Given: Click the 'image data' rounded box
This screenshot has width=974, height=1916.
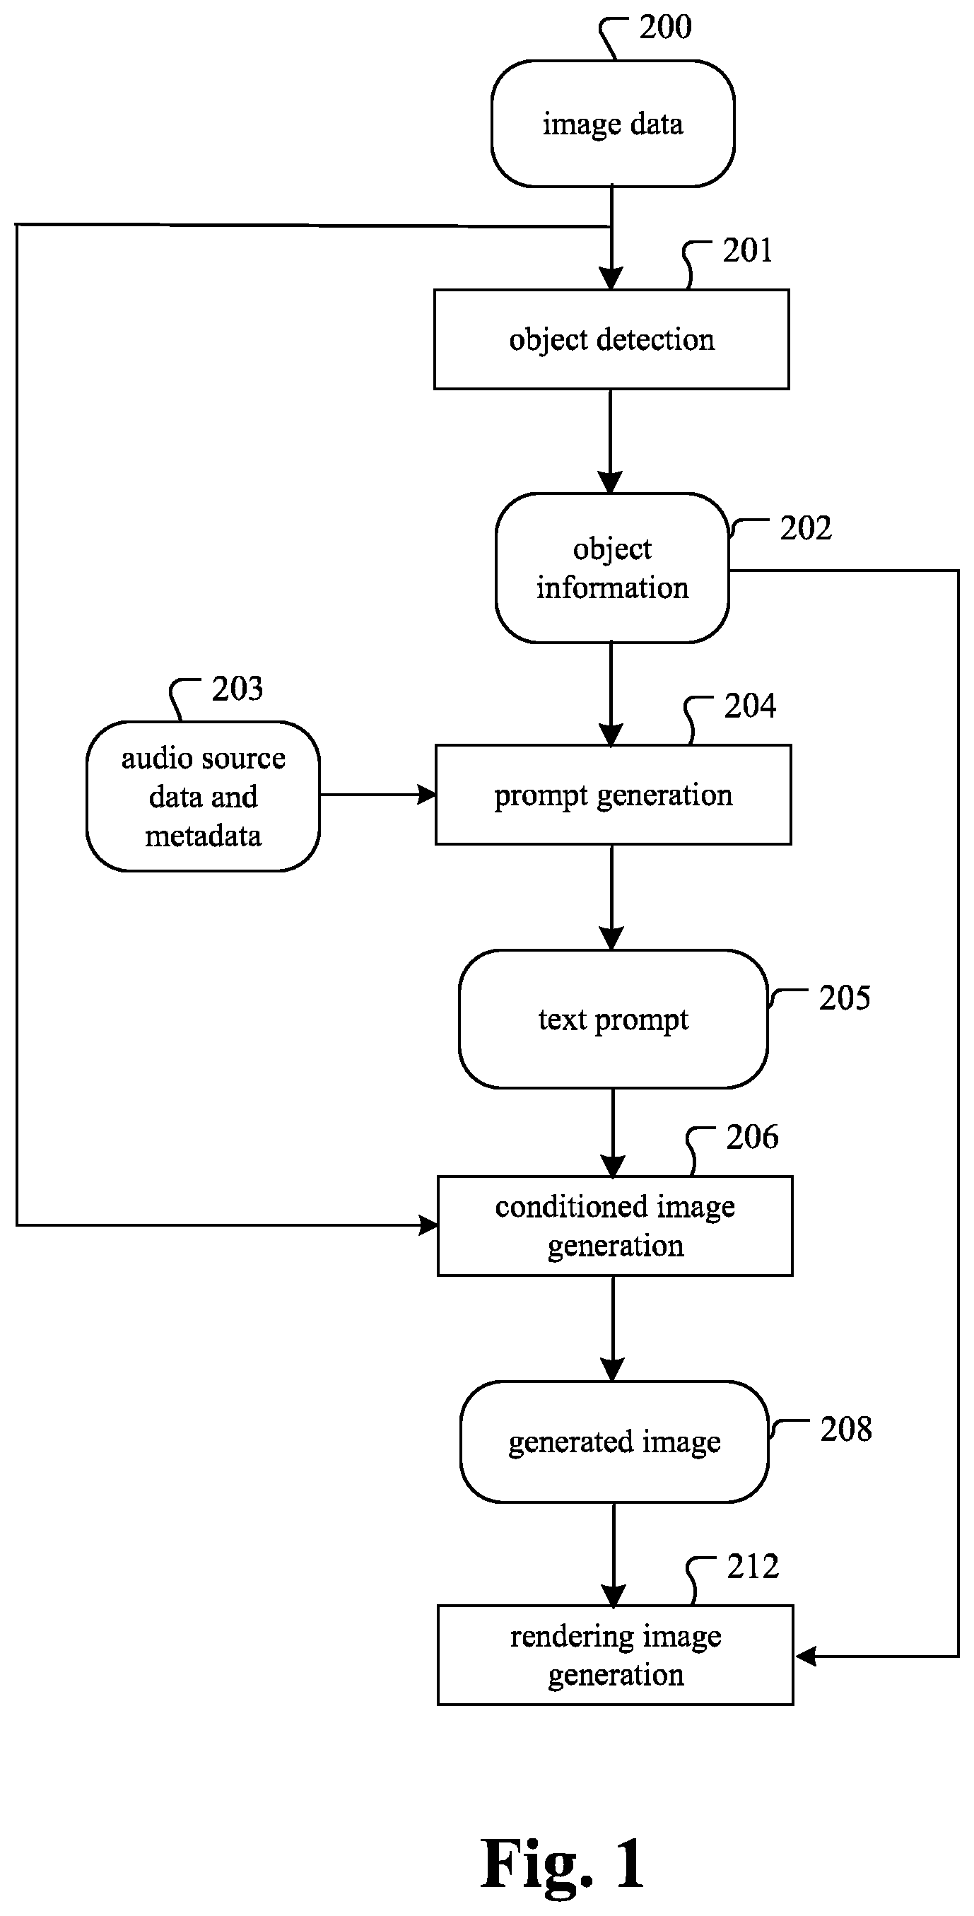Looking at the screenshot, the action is [613, 124].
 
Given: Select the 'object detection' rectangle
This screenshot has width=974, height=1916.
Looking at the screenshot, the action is [611, 339].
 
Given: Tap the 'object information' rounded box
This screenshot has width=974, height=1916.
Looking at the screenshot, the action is [612, 568].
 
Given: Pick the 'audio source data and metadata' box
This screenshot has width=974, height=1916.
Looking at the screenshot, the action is [203, 796].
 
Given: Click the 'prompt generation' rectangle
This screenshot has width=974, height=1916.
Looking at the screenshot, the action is [613, 795].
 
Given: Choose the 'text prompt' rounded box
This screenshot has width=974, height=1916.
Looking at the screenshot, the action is [614, 1019].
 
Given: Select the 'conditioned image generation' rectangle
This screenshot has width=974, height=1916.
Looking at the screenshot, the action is [615, 1226].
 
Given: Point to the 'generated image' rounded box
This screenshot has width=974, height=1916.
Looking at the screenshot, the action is [614, 1442].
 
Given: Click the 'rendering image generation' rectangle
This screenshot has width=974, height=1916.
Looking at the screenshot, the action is [615, 1655].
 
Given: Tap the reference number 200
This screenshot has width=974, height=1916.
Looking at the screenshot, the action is [665, 27].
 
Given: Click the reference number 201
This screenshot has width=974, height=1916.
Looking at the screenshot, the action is [747, 251].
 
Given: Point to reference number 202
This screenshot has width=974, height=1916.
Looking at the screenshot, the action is [805, 528].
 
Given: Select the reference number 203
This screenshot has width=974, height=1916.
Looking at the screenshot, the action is [237, 689].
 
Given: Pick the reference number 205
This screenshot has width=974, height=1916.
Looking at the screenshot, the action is [845, 998].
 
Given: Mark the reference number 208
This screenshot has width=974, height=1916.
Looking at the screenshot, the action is [846, 1429].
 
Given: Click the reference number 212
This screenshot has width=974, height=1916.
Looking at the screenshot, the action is [753, 1567].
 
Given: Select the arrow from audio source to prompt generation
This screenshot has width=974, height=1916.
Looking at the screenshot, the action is [377, 795].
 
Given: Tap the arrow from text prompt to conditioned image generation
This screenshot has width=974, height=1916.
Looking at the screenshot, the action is [614, 1133].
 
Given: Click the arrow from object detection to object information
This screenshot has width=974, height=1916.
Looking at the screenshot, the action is [611, 441].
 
